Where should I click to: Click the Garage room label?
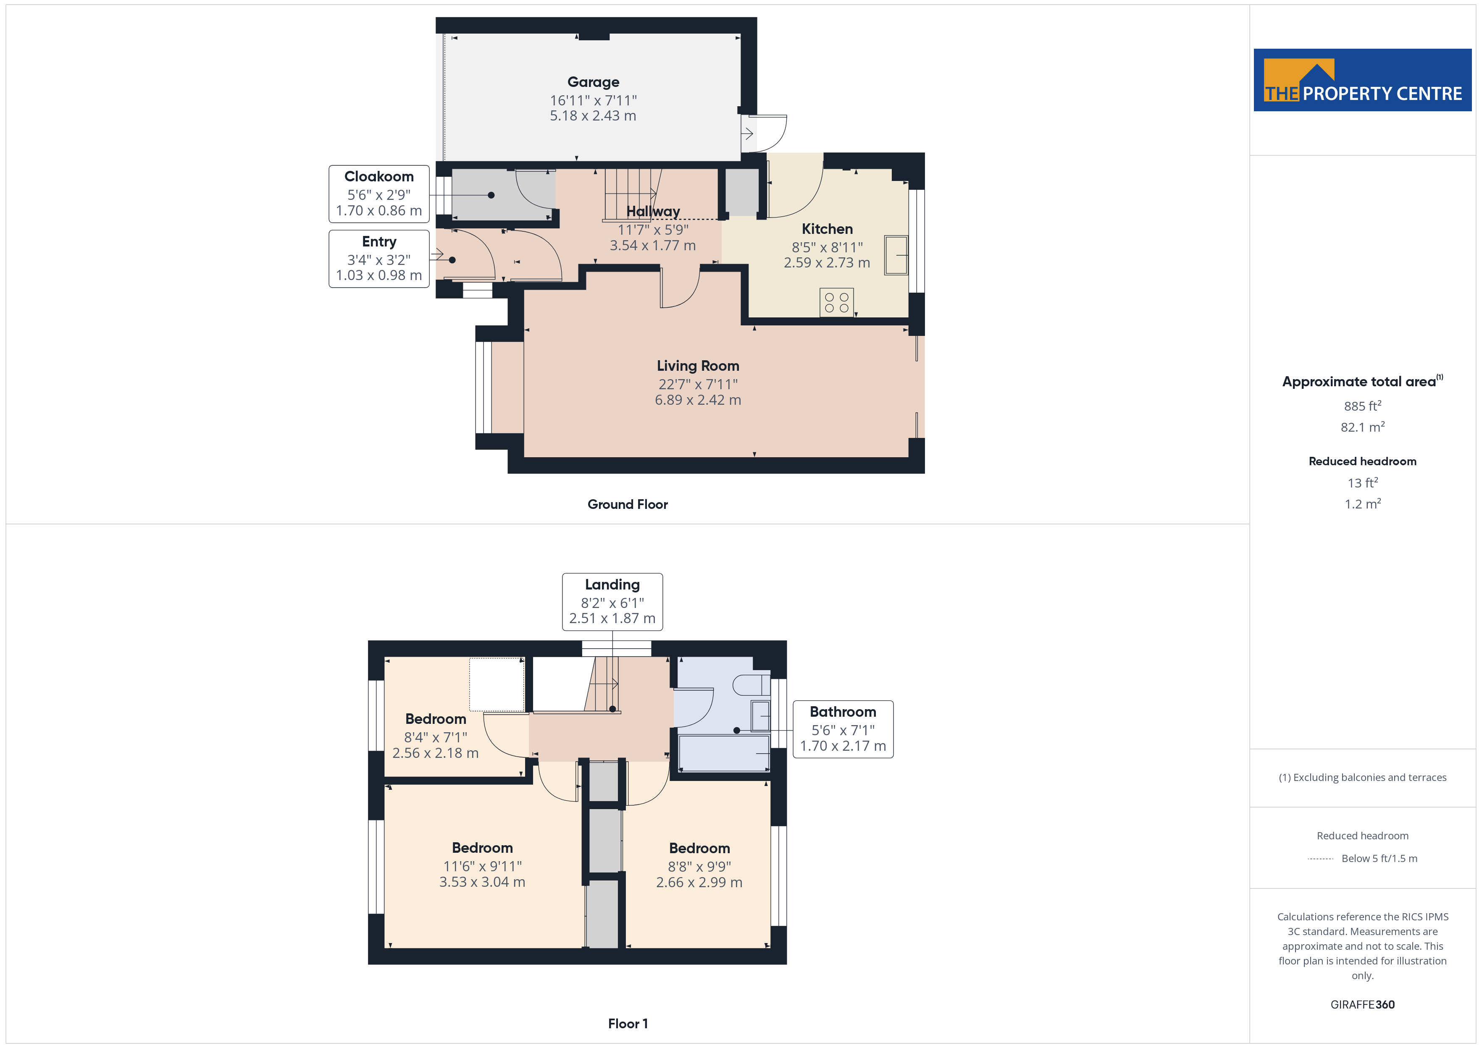(593, 82)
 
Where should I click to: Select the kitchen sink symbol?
(896, 255)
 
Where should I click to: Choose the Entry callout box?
(379, 259)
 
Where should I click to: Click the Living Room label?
(698, 366)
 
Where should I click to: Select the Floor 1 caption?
(628, 1024)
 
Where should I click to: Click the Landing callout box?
(612, 601)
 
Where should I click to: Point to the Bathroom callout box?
(843, 729)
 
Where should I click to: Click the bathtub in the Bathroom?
(724, 753)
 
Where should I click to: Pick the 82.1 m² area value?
(1363, 427)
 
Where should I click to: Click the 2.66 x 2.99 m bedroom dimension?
(699, 882)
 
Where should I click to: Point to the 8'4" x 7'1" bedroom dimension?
(436, 737)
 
